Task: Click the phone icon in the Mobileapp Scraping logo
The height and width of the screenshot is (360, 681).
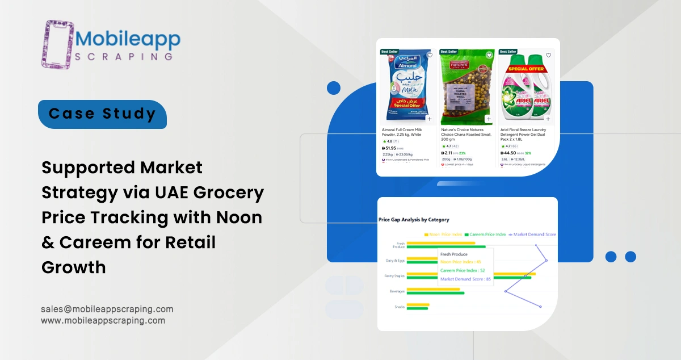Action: tap(57, 44)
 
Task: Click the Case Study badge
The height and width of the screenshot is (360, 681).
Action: tap(102, 114)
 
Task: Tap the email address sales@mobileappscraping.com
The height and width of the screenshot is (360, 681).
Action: tap(107, 309)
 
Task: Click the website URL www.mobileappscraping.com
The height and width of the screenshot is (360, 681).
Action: tap(103, 320)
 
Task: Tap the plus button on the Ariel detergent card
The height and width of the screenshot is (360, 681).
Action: tap(548, 119)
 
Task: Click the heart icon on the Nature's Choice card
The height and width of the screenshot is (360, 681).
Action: tap(489, 55)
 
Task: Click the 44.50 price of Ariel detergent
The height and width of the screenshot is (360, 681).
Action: tap(510, 153)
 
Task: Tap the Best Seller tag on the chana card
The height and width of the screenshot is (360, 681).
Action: tap(448, 52)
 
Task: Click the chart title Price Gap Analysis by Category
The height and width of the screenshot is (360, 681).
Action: tap(414, 220)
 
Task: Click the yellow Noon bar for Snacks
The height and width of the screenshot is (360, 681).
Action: tap(418, 305)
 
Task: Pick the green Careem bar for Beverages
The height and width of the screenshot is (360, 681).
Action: tap(435, 294)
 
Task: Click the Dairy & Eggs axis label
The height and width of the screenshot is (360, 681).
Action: tap(396, 261)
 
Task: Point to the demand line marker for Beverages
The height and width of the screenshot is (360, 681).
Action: tap(505, 291)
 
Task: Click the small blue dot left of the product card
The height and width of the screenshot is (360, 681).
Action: tap(334, 87)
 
